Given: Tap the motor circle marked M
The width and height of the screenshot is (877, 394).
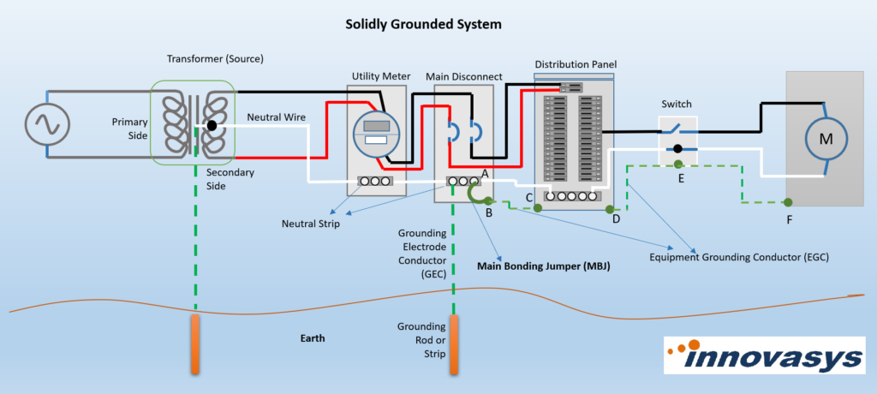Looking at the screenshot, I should (x=826, y=138).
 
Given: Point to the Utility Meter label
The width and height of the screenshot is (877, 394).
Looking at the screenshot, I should (x=378, y=76).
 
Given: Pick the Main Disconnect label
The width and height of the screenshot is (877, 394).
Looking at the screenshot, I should (x=464, y=76).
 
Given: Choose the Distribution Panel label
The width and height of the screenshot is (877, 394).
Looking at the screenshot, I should (x=575, y=64).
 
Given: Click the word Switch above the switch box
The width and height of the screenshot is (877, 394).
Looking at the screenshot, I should (x=677, y=104).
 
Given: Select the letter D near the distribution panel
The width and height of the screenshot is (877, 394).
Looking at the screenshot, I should (x=616, y=219).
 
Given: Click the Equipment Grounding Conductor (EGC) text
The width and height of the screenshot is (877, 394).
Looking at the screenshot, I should (x=739, y=256).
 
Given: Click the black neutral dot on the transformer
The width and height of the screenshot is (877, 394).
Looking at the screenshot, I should (x=211, y=126).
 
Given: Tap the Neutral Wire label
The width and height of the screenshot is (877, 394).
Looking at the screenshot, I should (x=276, y=116).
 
